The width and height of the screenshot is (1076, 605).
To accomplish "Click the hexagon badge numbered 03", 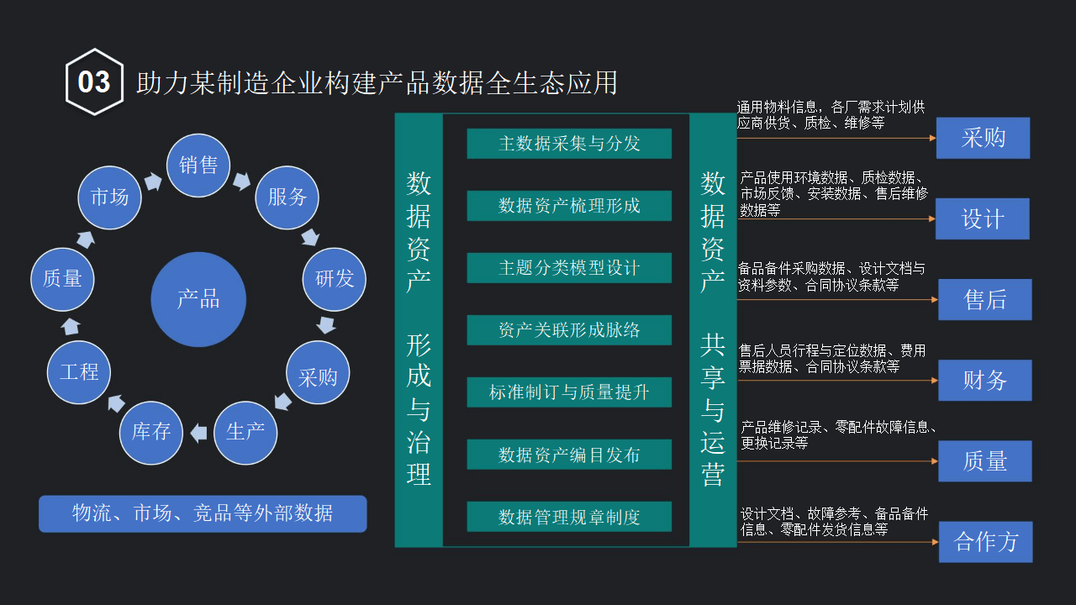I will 94,82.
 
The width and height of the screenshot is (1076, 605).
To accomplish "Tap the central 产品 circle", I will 198,299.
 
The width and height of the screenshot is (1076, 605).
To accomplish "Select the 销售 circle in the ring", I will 198,166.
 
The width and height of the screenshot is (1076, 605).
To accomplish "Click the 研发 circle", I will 335,279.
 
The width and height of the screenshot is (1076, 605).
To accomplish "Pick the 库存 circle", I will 151,433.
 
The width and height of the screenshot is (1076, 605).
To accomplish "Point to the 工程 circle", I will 79,372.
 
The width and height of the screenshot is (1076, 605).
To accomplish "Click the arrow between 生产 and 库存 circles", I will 198,433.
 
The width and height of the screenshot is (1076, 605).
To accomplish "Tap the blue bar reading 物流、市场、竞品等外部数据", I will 203,513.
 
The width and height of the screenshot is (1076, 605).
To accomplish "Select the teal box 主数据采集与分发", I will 569,144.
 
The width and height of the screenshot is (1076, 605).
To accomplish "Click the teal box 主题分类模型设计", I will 569,268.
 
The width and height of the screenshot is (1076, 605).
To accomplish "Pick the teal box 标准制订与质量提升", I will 569,392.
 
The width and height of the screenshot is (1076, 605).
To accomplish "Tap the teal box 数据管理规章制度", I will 569,517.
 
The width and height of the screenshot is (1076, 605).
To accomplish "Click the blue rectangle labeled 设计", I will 983,219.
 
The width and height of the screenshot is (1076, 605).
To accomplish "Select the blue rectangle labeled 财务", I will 984,381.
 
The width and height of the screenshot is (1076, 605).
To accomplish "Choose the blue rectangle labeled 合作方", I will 985,542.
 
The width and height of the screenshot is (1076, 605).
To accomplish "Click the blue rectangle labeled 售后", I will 984,300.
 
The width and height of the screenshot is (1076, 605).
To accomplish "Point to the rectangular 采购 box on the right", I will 983,138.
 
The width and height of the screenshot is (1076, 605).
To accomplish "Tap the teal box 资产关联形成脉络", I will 569,330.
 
